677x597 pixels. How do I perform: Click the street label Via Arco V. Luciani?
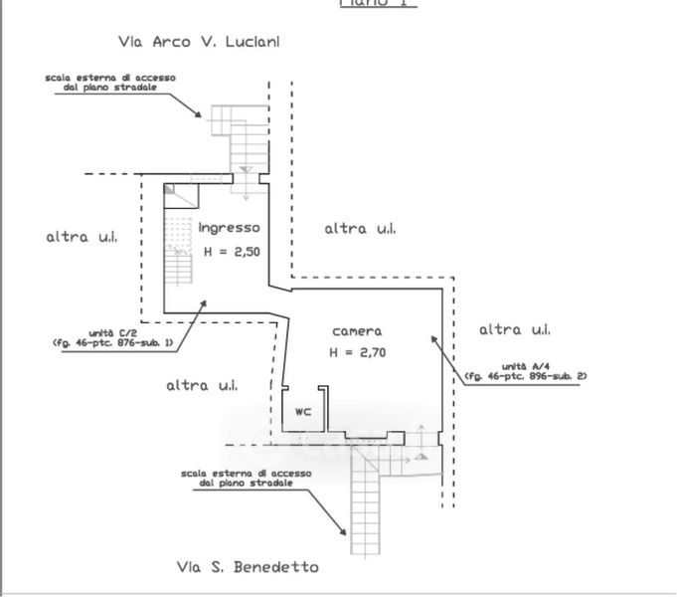point(199,42)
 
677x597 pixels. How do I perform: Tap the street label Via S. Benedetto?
point(248,567)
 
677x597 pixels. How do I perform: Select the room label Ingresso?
point(229,227)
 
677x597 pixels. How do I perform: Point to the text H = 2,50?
point(232,252)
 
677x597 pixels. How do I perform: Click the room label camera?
point(356,331)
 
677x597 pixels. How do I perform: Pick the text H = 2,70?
point(358,352)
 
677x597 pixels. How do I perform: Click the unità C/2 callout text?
point(112,337)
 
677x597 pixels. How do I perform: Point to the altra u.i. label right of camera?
point(515,329)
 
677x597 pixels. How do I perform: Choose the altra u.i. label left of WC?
point(201,385)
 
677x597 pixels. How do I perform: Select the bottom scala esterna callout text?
point(246,478)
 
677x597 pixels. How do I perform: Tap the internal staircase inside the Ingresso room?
point(179,249)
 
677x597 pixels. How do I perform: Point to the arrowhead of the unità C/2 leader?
point(206,299)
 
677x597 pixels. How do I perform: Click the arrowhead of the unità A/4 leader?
point(433,338)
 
